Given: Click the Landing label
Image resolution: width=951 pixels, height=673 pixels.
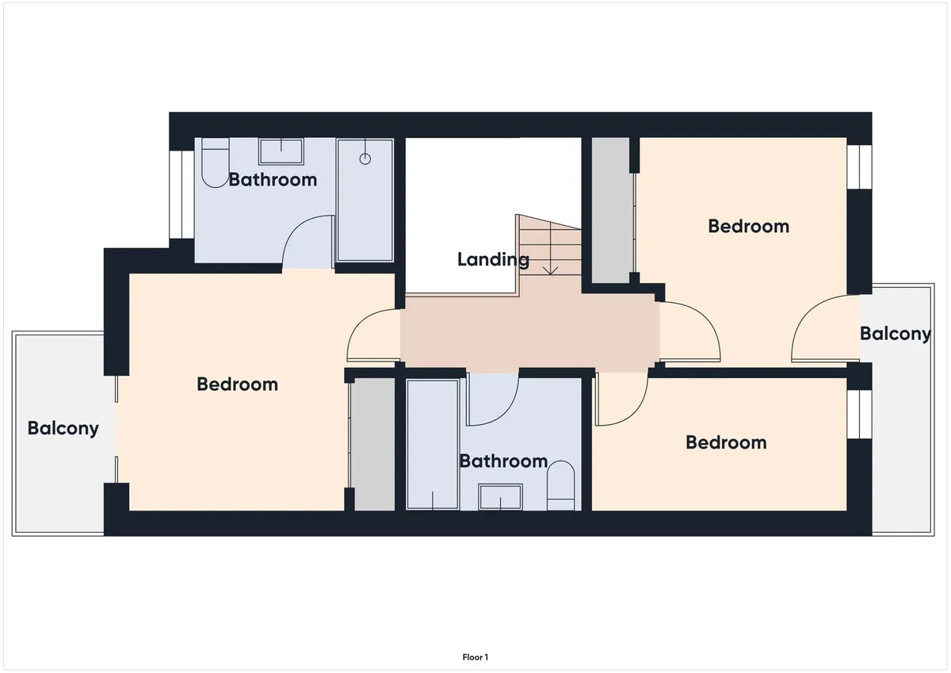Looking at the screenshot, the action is click(493, 260).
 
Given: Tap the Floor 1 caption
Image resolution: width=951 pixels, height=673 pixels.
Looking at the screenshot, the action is click(475, 657).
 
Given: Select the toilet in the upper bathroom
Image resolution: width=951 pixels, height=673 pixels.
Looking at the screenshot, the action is click(216, 163).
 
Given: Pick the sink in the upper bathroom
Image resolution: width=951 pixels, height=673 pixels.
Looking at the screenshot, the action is click(281, 151).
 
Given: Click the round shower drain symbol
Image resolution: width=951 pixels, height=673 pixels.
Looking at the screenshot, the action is click(365, 159).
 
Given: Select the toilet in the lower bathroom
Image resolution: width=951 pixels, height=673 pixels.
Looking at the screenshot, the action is click(560, 485).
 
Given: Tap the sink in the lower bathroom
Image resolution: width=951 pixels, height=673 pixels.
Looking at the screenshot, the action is click(500, 497).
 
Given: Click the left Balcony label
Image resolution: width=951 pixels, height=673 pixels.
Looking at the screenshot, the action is click(63, 428).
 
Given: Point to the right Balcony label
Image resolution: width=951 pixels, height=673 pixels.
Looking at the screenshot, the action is click(896, 334).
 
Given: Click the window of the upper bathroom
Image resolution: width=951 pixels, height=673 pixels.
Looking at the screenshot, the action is click(181, 194).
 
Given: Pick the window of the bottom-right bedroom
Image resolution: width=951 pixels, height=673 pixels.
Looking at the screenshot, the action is click(859, 414).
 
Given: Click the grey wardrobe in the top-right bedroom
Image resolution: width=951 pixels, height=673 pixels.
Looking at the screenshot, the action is click(610, 210).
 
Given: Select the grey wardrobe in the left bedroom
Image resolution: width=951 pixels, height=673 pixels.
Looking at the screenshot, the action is click(375, 444).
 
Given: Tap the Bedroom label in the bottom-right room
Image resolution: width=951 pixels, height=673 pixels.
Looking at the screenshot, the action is click(726, 443).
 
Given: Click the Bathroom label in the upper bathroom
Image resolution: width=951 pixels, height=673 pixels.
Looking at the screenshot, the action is click(273, 180).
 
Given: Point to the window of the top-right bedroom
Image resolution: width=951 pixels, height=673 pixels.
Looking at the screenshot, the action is click(859, 167).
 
